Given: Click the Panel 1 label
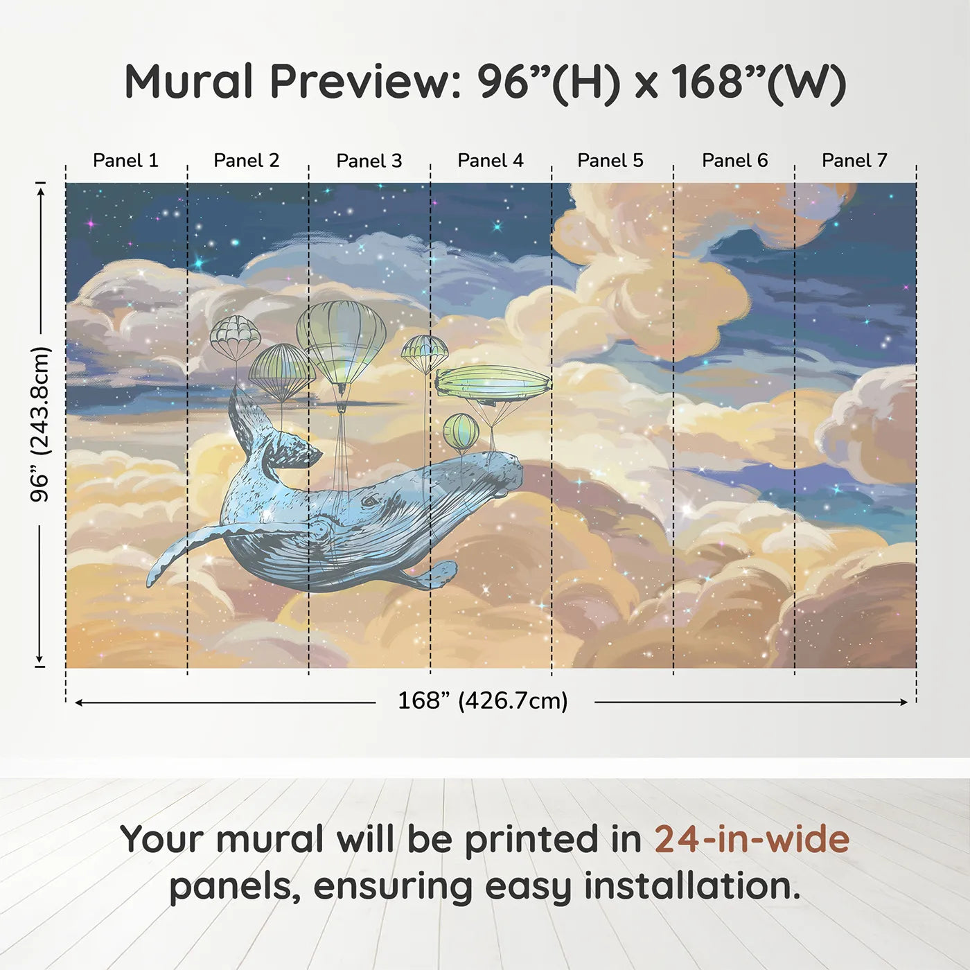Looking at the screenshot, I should pyautogui.click(x=125, y=161).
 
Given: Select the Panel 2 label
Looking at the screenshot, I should pyautogui.click(x=246, y=161).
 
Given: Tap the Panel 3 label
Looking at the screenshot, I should pyautogui.click(x=369, y=161).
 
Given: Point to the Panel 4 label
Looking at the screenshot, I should pyautogui.click(x=490, y=161).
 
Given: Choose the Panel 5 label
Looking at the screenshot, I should pyautogui.click(x=610, y=161).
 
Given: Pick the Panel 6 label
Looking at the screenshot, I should pyautogui.click(x=734, y=161).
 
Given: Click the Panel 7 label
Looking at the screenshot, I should pyautogui.click(x=854, y=161).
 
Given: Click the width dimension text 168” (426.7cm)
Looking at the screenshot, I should pyautogui.click(x=482, y=701).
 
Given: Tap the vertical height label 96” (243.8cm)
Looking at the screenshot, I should pyautogui.click(x=40, y=424).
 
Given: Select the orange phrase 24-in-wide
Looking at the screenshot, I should pyautogui.click(x=752, y=840).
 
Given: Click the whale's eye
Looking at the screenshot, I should pyautogui.click(x=371, y=500).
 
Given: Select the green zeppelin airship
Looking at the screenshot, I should pyautogui.click(x=493, y=383).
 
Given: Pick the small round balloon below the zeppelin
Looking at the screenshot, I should pyautogui.click(x=461, y=431).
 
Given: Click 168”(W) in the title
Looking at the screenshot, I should pyautogui.click(x=759, y=82).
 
